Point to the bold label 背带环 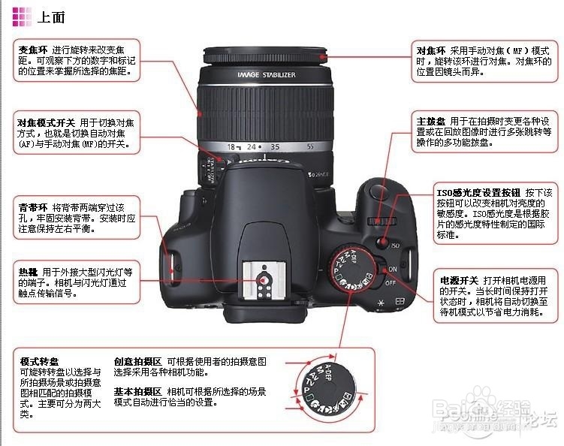coord(33,206)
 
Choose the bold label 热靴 coord(28,272)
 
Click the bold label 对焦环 coord(432,50)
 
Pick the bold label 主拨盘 coord(432,121)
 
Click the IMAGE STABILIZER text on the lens coord(266,75)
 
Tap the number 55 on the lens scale coord(310,147)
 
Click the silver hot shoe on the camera coord(264,283)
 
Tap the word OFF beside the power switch coord(391,284)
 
